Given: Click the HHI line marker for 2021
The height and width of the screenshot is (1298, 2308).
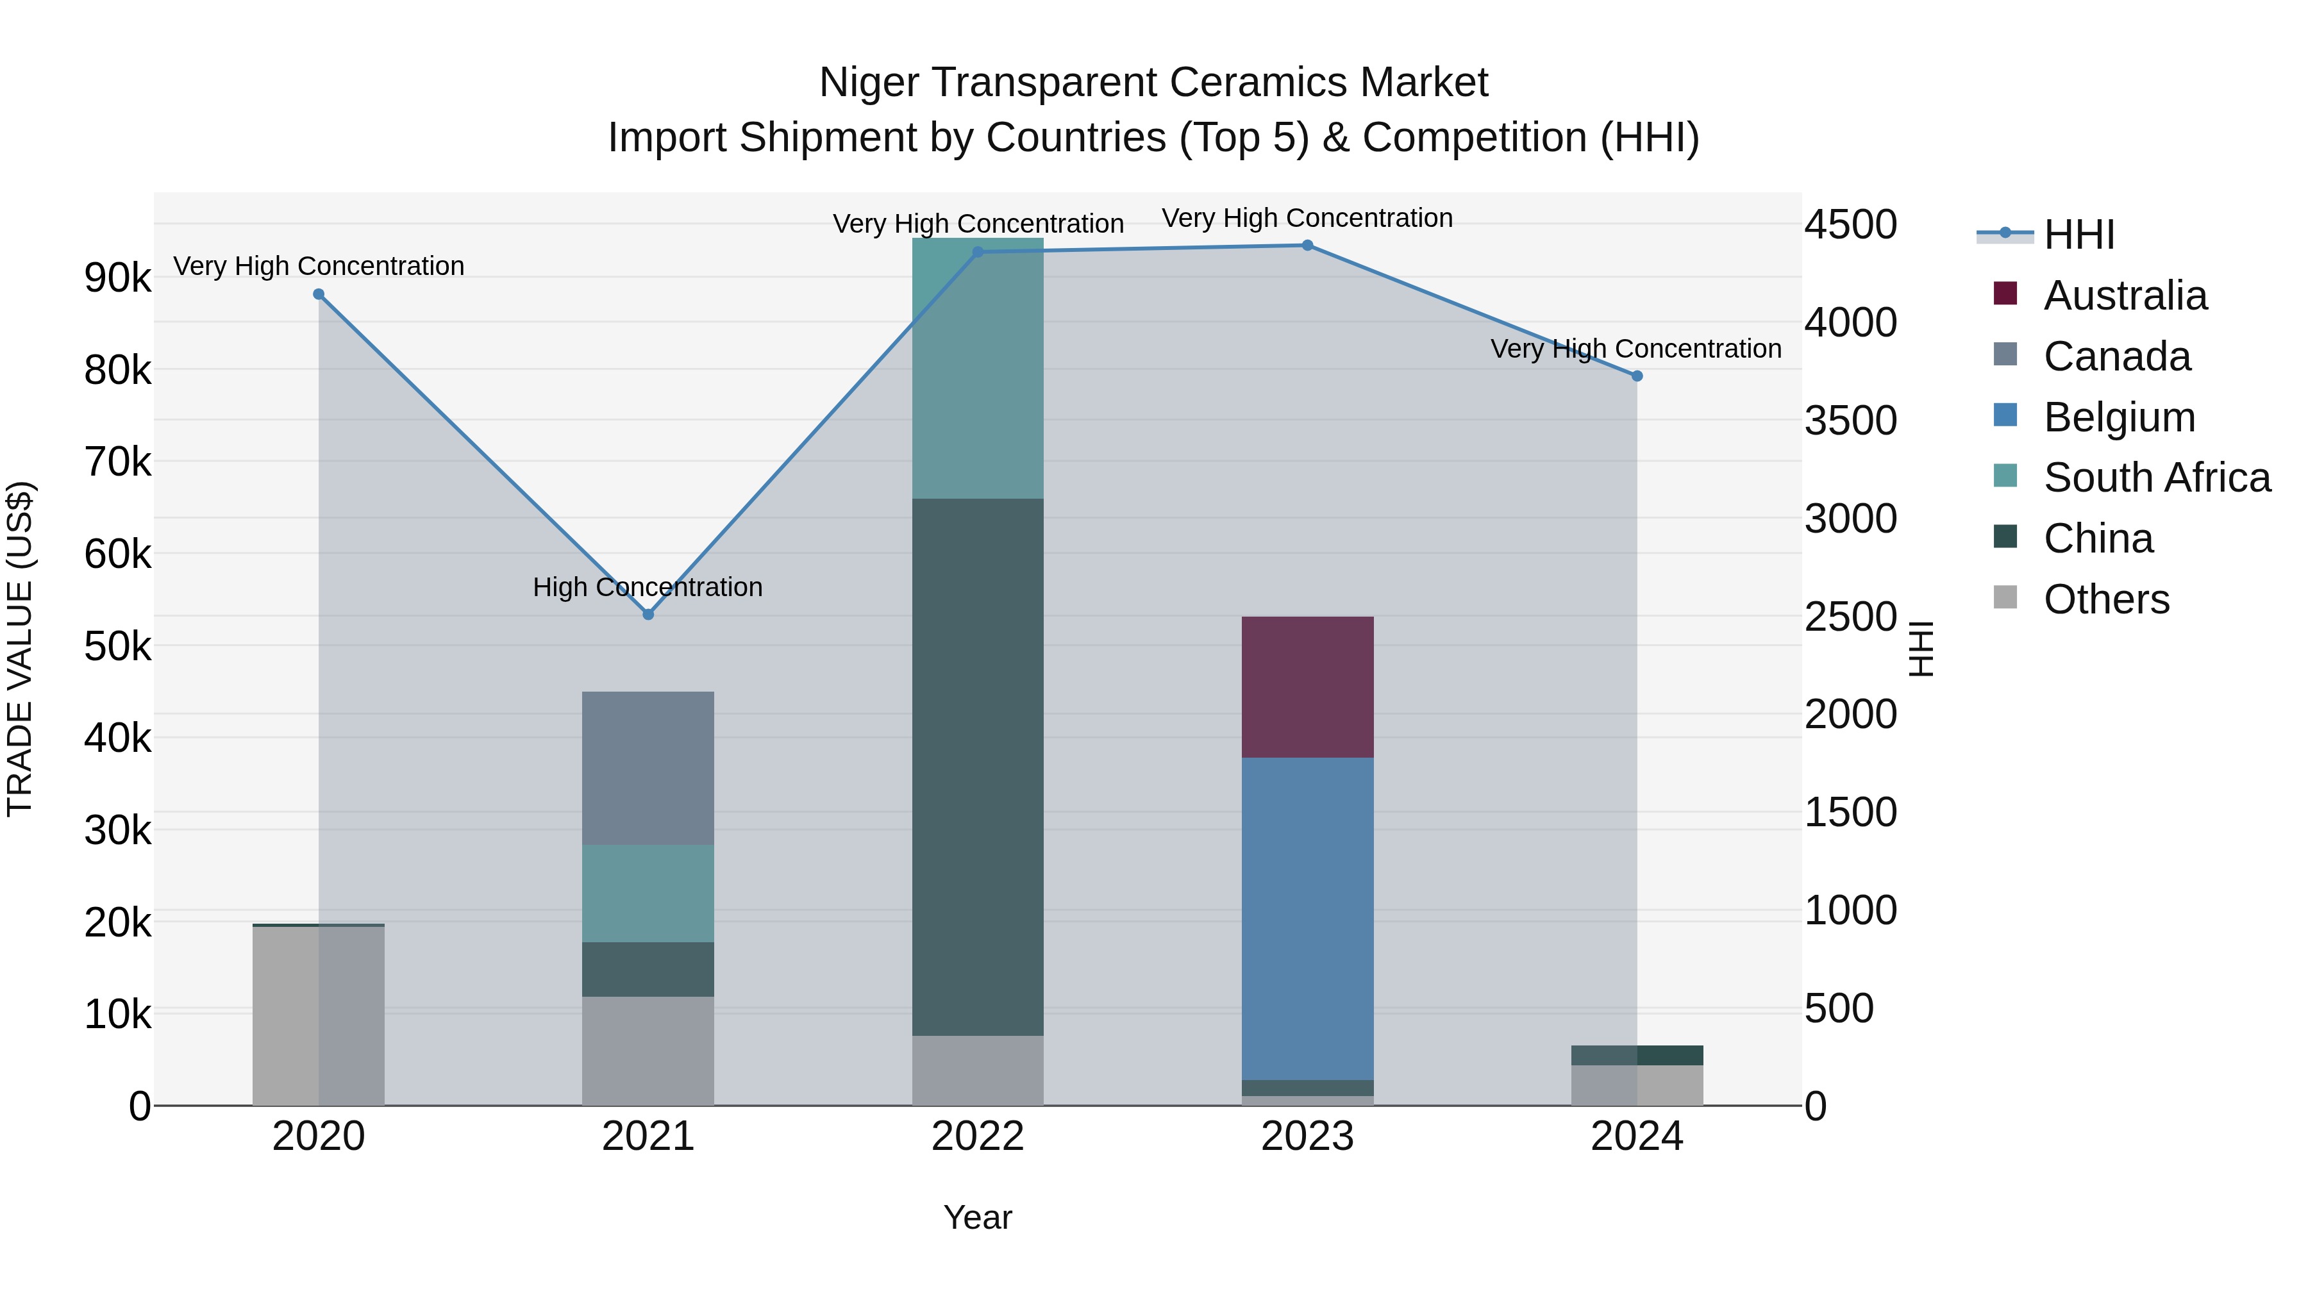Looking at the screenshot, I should [648, 615].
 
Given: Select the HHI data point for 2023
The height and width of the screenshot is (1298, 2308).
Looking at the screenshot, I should [1307, 245].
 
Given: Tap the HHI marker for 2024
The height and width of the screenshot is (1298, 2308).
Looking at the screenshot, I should [1637, 376].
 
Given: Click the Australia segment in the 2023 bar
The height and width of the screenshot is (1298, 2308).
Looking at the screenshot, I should [1307, 687].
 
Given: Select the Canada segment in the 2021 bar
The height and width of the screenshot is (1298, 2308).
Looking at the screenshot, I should [648, 768].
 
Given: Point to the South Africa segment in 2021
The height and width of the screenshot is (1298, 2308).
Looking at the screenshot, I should [648, 893].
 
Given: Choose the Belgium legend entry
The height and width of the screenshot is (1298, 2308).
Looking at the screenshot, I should [2119, 417].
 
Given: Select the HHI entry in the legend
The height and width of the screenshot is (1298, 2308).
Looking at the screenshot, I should [2078, 235].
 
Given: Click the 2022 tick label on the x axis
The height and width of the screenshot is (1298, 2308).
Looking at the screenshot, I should [978, 1136].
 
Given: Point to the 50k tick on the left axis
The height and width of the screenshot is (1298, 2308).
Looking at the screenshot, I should [117, 646].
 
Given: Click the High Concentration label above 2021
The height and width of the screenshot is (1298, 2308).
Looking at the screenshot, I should [648, 588].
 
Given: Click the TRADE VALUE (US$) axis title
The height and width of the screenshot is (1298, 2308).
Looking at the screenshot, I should [20, 649].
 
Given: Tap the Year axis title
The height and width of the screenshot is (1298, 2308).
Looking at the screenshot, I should [978, 1217].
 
